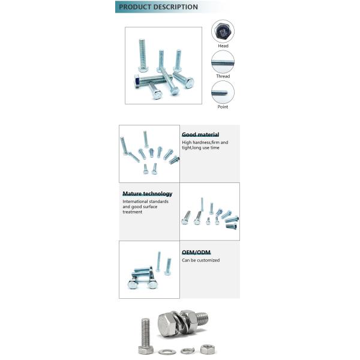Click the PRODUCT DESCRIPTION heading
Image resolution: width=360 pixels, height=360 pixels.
[x=158, y=7]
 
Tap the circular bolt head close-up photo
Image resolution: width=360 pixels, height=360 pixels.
[x=223, y=31]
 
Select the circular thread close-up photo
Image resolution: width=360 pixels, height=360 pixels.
[x=223, y=62]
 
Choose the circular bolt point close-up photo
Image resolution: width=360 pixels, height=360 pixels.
[x=223, y=92]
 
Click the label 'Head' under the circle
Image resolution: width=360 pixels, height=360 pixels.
[x=223, y=46]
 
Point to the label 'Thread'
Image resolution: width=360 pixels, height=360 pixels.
[x=223, y=76]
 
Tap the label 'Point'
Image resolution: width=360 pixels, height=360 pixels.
[x=223, y=107]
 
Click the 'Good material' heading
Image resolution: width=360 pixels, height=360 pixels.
[x=200, y=134]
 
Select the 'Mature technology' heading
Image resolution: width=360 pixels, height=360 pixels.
[x=147, y=194]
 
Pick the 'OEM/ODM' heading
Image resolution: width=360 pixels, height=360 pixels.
[x=196, y=253]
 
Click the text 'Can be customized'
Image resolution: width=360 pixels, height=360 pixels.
[x=201, y=260]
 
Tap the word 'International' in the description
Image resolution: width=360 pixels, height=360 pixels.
[x=136, y=202]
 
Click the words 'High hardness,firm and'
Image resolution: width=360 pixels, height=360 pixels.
[x=205, y=143]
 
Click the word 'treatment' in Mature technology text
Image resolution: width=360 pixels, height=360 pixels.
[x=133, y=212]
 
